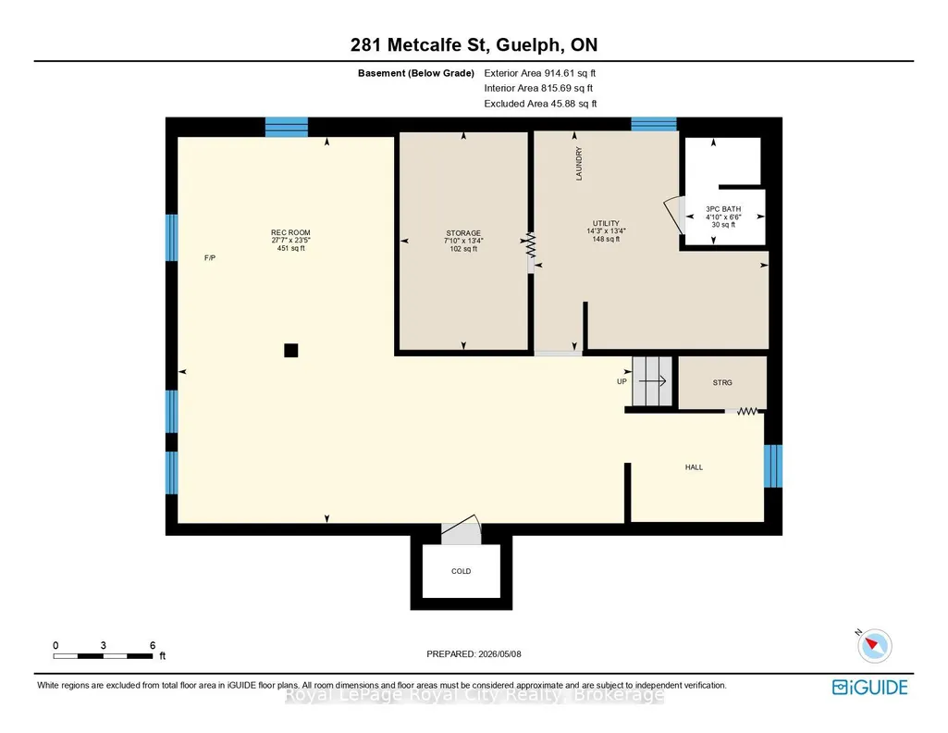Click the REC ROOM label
point(290,232)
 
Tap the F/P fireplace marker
point(210,258)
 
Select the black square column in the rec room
point(290,350)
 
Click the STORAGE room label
point(463,233)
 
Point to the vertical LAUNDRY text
point(579,163)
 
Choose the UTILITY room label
point(606,223)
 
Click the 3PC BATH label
point(723,209)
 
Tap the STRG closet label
point(722,383)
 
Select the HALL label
point(694,466)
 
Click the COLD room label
point(462,571)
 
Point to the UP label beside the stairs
point(622,381)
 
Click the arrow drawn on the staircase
point(652,381)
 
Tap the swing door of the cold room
point(462,529)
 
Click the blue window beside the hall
point(773,466)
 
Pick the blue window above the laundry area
point(654,124)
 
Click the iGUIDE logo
point(870,687)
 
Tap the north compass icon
point(874,645)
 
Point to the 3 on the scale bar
point(104,645)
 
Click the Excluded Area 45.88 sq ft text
point(540,104)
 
